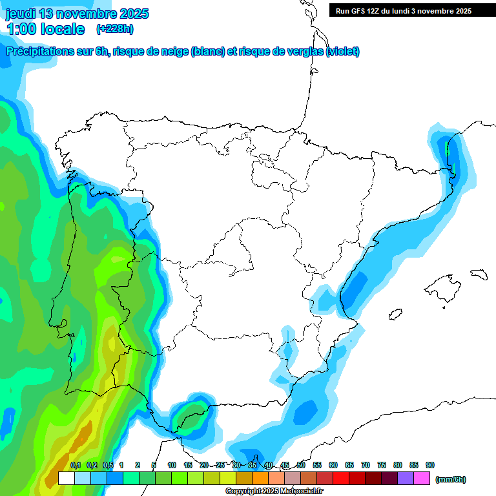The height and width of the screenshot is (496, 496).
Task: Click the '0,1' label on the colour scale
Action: pyautogui.click(x=76, y=465)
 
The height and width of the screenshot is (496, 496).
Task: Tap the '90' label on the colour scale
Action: pyautogui.click(x=430, y=465)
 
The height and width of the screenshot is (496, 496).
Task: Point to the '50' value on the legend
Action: pyautogui.click(x=301, y=465)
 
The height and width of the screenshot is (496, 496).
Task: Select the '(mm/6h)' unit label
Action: pyautogui.click(x=451, y=479)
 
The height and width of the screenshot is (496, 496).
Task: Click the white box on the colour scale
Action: pyautogui.click(x=66, y=479)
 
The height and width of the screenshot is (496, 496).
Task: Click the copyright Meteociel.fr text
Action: pyautogui.click(x=274, y=491)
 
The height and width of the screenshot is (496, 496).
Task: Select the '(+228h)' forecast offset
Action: pyautogui.click(x=114, y=28)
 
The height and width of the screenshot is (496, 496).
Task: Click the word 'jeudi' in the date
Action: pyautogui.click(x=20, y=14)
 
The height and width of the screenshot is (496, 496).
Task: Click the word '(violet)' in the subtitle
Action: pyautogui.click(x=343, y=52)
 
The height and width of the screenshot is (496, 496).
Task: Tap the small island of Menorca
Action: pyautogui.click(x=479, y=273)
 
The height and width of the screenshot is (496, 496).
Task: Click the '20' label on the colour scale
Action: pyautogui.click(x=204, y=465)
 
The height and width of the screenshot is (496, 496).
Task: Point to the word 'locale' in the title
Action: pyautogui.click(x=63, y=28)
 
